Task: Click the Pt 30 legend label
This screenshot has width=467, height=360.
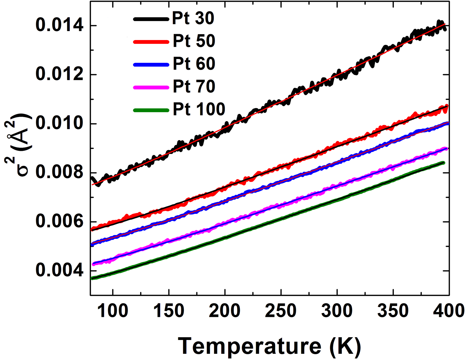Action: click(x=193, y=18)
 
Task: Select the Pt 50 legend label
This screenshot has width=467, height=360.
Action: click(x=194, y=41)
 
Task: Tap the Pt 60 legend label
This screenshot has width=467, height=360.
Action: click(x=194, y=64)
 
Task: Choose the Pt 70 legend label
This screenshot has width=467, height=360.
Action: click(x=194, y=86)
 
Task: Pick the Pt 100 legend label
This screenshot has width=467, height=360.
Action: click(x=199, y=109)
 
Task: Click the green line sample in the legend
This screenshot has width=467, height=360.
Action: click(x=151, y=110)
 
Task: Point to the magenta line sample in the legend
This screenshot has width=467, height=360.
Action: click(x=151, y=88)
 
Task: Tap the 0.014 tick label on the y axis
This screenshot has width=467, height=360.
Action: click(x=59, y=26)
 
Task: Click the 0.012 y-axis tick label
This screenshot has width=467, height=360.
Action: click(x=59, y=75)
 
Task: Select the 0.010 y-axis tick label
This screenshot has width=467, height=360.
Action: click(x=59, y=124)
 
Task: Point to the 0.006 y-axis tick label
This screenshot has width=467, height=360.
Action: click(x=59, y=221)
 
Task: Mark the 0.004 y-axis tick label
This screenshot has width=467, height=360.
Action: click(x=59, y=270)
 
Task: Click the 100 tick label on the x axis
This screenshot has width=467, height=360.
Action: click(x=113, y=311)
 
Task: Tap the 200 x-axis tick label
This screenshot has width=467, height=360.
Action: click(x=225, y=311)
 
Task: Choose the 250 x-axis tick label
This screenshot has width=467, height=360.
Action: click(x=281, y=311)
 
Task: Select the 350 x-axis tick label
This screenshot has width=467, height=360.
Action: click(x=393, y=311)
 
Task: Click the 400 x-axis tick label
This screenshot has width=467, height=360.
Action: click(x=448, y=311)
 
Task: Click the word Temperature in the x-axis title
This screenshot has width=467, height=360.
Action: click(x=250, y=346)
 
